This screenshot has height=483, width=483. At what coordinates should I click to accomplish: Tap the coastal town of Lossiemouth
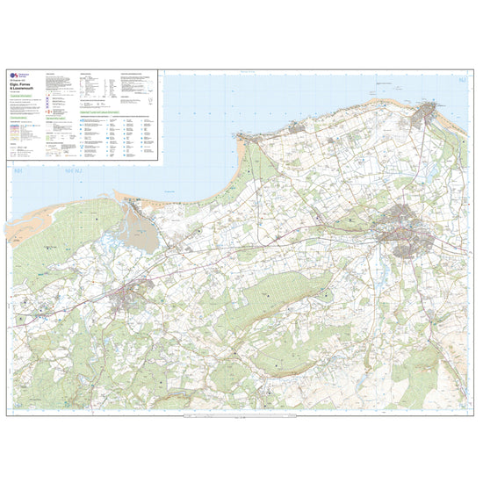(x=429, y=113)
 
